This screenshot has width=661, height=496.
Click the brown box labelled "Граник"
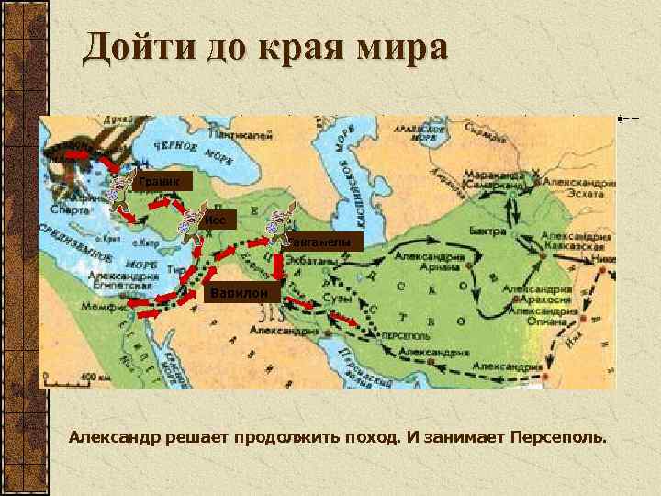click(x=162, y=182)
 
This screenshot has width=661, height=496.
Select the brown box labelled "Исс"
click(x=218, y=220)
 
